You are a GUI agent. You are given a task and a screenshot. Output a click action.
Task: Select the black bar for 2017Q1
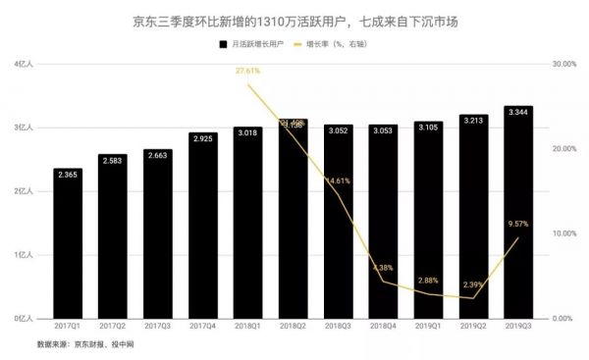point(69,245)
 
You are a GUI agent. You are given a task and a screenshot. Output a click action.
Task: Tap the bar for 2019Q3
point(518,216)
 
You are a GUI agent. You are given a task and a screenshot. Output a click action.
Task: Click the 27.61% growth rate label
point(247,72)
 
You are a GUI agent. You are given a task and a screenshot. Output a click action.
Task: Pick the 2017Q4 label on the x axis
point(203,327)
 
